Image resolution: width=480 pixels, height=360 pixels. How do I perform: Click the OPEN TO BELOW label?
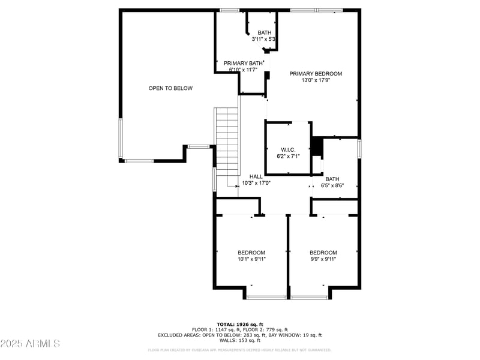tap(170, 88)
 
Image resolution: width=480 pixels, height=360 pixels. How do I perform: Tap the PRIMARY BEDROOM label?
tap(316, 74)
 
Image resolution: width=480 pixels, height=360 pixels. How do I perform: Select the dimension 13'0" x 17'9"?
tap(316, 80)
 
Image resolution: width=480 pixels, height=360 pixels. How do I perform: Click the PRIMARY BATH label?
tap(242, 63)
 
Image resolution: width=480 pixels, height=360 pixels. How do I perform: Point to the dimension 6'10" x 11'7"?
tap(242, 70)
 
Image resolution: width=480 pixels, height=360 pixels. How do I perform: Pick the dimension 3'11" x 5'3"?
tap(264, 40)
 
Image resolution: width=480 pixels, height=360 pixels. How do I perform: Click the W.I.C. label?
tap(288, 149)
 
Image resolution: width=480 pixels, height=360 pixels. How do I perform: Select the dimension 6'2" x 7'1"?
tap(288, 156)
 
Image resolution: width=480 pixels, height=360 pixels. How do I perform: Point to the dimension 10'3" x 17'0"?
tap(256, 183)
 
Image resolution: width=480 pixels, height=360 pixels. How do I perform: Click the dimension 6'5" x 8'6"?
tap(332, 185)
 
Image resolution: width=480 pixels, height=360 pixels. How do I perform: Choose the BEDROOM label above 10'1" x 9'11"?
tap(251, 253)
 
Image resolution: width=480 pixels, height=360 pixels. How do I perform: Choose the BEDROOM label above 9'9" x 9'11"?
tap(323, 253)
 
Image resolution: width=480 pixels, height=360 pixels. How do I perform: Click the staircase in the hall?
tap(227, 141)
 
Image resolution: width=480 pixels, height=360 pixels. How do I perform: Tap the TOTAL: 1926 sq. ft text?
tap(240, 324)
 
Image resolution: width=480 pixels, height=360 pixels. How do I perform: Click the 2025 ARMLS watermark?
tap(30, 344)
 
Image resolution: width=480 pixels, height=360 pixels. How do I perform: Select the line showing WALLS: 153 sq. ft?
tap(240, 341)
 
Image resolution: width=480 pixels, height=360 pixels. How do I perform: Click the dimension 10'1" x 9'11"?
tap(251, 259)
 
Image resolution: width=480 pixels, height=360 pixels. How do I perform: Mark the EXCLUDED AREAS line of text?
tap(240, 335)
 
